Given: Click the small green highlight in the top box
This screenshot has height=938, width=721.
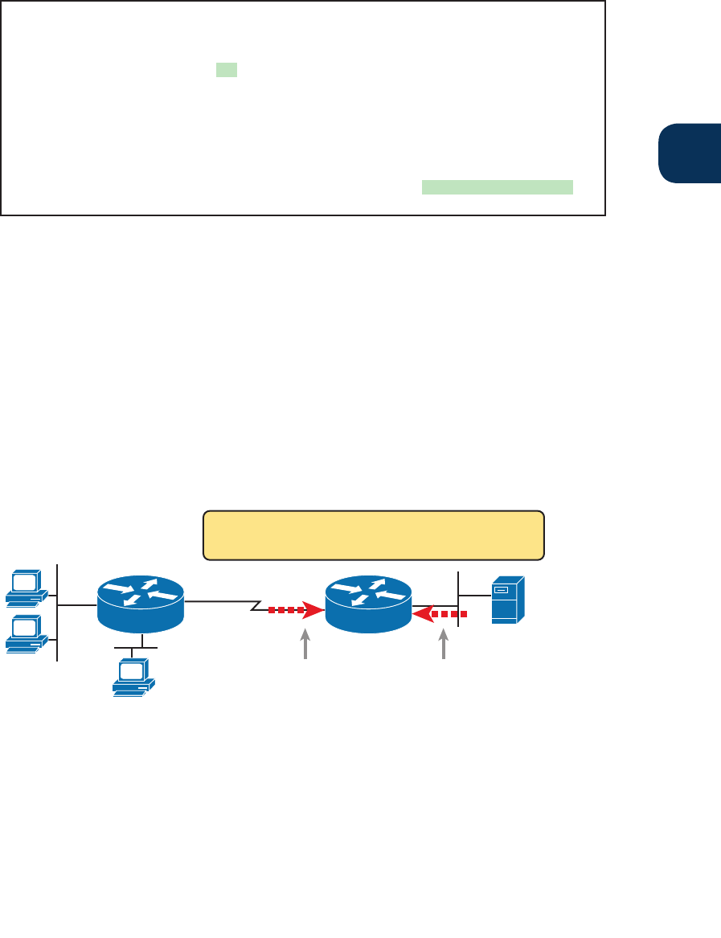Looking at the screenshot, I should click(227, 71).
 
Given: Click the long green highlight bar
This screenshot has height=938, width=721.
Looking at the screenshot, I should click(497, 187).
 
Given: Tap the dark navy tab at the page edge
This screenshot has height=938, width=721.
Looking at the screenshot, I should click(689, 153).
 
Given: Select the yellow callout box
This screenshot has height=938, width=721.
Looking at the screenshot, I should click(374, 535).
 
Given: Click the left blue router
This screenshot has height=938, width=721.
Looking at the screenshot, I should click(141, 604).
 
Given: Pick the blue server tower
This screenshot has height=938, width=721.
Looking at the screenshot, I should click(508, 600).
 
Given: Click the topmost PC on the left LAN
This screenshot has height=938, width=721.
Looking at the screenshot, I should click(25, 587).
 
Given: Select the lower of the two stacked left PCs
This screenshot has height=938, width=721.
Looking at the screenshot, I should click(25, 633).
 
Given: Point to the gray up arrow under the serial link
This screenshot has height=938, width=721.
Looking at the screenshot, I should click(305, 645).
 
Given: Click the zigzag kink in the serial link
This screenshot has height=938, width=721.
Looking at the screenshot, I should click(256, 604).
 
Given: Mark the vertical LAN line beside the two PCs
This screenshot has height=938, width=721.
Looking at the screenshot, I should click(58, 611).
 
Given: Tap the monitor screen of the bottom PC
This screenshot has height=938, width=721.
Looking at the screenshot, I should click(130, 670).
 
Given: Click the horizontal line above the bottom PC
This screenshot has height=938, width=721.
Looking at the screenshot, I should click(136, 647).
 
